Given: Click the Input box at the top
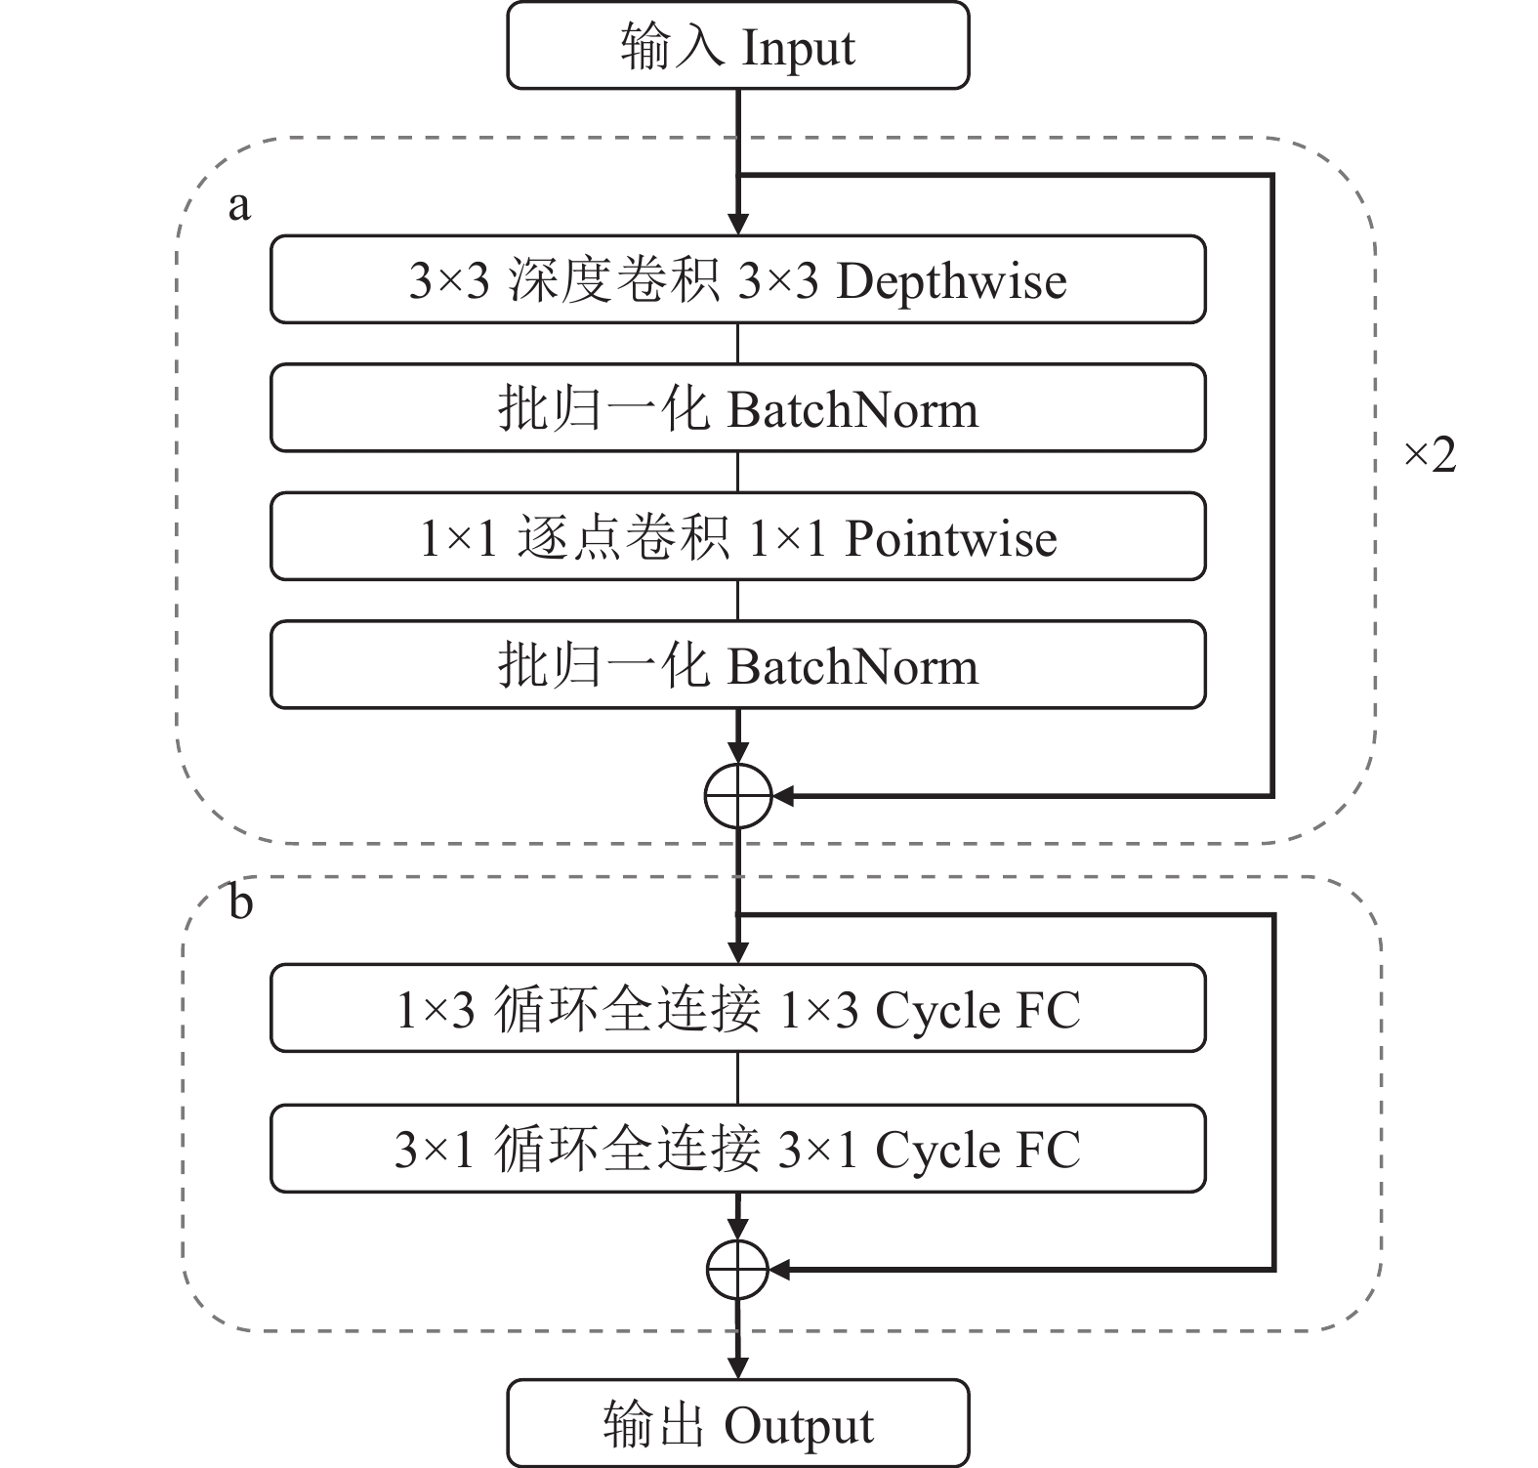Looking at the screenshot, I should pyautogui.click(x=737, y=46).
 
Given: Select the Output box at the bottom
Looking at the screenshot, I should pyautogui.click(x=737, y=1423).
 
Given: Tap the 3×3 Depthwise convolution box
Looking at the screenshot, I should pyautogui.click(x=737, y=279).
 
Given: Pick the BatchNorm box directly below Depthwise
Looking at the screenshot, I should pyautogui.click(x=737, y=408).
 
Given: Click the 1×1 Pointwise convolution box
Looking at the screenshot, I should pyautogui.click(x=737, y=536).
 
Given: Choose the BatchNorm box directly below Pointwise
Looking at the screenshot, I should pyautogui.click(x=737, y=665).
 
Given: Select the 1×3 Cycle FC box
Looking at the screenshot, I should pyautogui.click(x=737, y=1008).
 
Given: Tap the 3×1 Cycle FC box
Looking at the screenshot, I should pyautogui.click(x=737, y=1149).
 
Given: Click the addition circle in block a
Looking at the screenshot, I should pyautogui.click(x=738, y=796).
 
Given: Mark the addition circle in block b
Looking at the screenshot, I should pyautogui.click(x=738, y=1270).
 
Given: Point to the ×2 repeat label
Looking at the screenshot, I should pyautogui.click(x=1430, y=454).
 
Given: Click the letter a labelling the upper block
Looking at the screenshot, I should pyautogui.click(x=239, y=206).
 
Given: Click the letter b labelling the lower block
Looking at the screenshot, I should pyautogui.click(x=240, y=902).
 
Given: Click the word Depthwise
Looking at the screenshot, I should pyautogui.click(x=951, y=281).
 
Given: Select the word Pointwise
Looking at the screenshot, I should pyautogui.click(x=950, y=538).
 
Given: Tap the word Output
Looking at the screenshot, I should pyautogui.click(x=799, y=1426).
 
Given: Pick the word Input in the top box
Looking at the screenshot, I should pyautogui.click(x=798, y=48).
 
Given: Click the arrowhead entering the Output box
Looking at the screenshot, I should pyautogui.click(x=738, y=1368).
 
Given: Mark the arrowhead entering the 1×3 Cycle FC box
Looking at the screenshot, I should pyautogui.click(x=738, y=953).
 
